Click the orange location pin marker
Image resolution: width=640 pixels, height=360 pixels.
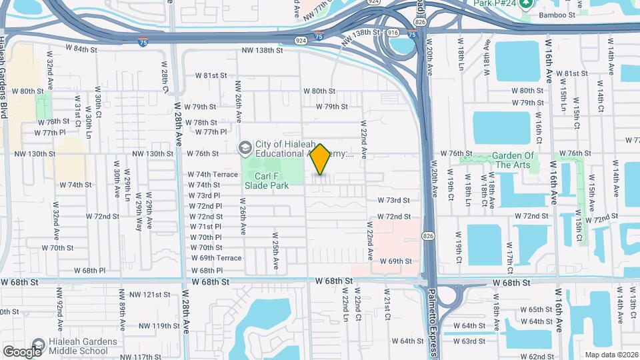coord(321,159)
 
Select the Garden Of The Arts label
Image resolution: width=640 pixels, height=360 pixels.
coord(515,160)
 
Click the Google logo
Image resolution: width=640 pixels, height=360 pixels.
coord(22,351)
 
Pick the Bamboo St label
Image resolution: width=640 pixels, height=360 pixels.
coord(557,15)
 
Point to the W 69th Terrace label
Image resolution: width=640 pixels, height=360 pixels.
coord(216,258)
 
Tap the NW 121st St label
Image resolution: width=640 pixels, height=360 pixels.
coord(150,294)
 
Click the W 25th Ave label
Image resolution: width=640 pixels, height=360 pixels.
coord(274,251)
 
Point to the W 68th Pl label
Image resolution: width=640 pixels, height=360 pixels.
coord(206,271)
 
